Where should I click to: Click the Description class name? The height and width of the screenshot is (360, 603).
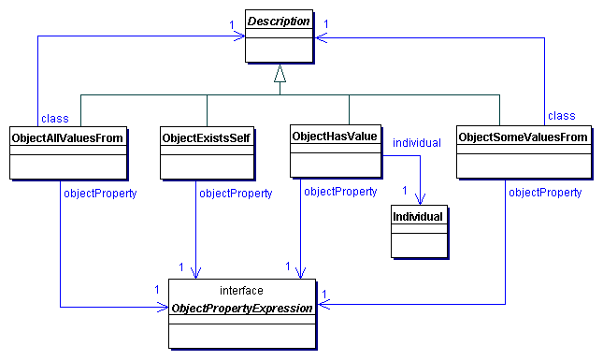279,22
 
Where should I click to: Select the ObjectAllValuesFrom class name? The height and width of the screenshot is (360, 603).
67,137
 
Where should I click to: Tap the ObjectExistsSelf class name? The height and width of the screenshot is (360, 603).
206,137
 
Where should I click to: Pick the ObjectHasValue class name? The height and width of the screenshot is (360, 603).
335,137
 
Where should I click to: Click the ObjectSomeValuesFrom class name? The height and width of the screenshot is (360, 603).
523,137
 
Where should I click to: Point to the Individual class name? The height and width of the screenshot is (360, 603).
418,217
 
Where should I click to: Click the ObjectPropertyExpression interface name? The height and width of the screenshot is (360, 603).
241,308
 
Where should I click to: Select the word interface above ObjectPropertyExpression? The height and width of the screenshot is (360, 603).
240,291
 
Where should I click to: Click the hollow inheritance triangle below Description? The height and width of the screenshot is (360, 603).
278,74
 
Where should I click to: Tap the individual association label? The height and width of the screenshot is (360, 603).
417,142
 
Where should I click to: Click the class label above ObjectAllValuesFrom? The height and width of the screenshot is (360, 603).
55,118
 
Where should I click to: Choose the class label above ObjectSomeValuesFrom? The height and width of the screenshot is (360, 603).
561,116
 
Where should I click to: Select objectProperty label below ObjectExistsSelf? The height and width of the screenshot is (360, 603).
235,194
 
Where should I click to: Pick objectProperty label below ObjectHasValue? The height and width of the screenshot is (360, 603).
340,192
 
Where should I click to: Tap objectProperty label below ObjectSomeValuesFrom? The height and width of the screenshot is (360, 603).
544,192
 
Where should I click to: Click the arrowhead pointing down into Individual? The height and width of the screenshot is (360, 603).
422,199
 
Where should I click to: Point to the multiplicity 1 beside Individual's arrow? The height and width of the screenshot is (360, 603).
405,191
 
